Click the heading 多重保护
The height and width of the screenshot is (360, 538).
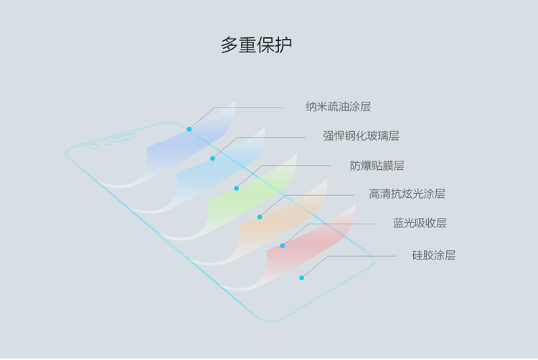coord(256,45)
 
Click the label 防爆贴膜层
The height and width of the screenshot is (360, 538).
coord(377,166)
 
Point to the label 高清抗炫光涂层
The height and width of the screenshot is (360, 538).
coord(407,194)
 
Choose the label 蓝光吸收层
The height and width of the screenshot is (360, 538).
coord(420,223)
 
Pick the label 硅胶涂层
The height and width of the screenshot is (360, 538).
coord(433,255)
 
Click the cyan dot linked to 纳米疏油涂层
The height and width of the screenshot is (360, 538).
coord(189,129)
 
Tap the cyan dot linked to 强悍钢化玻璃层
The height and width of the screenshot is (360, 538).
coord(212,158)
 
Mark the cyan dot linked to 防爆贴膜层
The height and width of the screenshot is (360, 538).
coord(236,188)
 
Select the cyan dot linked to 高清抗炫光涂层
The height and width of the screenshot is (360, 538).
coord(260,217)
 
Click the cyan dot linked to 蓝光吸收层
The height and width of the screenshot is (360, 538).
coord(283,246)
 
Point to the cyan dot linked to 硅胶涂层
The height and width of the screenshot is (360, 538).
coord(301,278)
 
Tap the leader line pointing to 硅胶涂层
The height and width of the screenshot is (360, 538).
coord(359,255)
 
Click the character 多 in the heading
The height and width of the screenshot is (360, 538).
coord(229,45)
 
